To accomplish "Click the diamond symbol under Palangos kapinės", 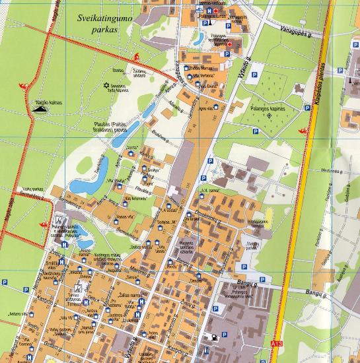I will coord(269,115).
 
